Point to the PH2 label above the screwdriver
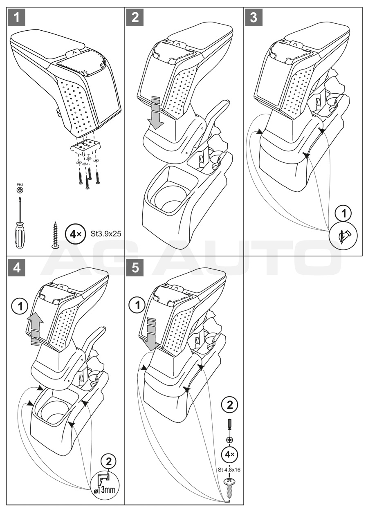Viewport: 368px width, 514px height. pos(19,185)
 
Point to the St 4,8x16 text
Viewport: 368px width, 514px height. pos(229,470)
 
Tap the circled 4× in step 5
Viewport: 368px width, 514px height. pos(229,454)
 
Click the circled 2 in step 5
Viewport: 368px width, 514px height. pos(229,405)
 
